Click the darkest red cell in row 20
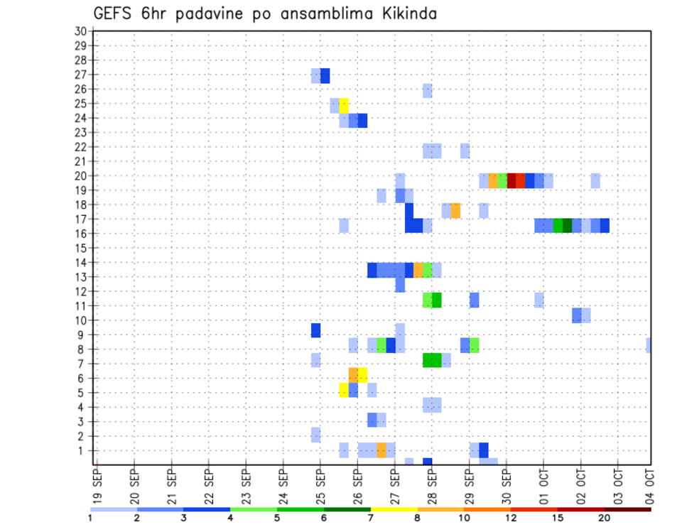point(511,180)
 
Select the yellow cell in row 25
point(344,105)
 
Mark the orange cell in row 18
point(455,210)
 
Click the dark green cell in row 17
point(567,225)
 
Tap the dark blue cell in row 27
point(325,75)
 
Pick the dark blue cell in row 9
point(316,330)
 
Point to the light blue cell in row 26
point(427,90)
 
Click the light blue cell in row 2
point(316,434)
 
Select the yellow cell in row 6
point(362,374)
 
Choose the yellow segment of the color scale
point(394,509)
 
